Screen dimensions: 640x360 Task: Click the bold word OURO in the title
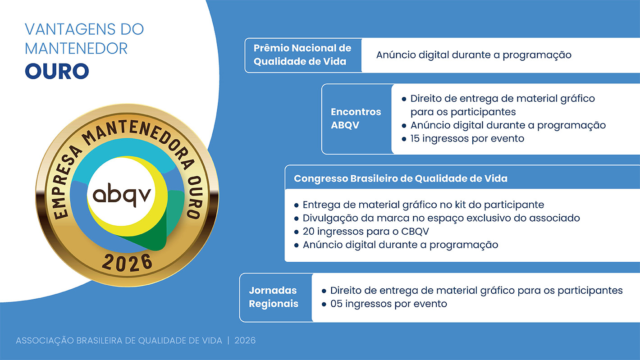coord(57,71)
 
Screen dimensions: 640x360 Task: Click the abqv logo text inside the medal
coord(122,195)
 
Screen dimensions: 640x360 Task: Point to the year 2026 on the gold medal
coord(127,262)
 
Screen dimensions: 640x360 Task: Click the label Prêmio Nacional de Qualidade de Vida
coord(302,55)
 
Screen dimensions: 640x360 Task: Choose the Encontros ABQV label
coord(356,118)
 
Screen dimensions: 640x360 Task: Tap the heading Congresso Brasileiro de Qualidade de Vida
coord(401,178)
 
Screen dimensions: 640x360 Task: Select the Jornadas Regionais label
coord(274,297)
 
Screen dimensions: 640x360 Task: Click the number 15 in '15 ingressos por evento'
coord(415,139)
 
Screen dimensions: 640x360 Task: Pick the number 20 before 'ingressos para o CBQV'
coord(309,232)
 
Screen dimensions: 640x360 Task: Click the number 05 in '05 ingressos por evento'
coord(336,304)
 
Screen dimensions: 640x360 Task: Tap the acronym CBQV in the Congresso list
coord(415,232)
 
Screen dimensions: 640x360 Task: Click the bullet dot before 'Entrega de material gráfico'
coord(296,205)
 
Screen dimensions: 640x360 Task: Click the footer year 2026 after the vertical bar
coord(245,341)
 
